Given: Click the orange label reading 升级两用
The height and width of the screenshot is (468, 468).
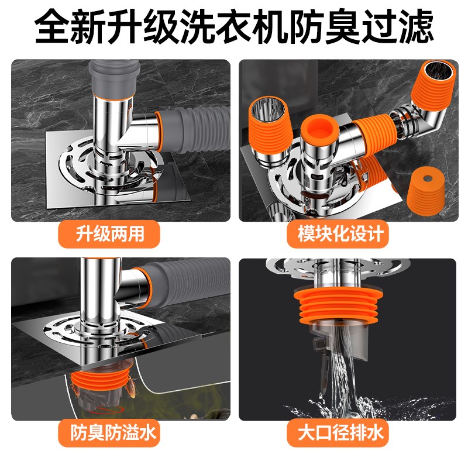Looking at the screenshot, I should click(110, 235).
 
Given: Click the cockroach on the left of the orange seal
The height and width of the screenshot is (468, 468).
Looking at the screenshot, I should click(75, 386).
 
